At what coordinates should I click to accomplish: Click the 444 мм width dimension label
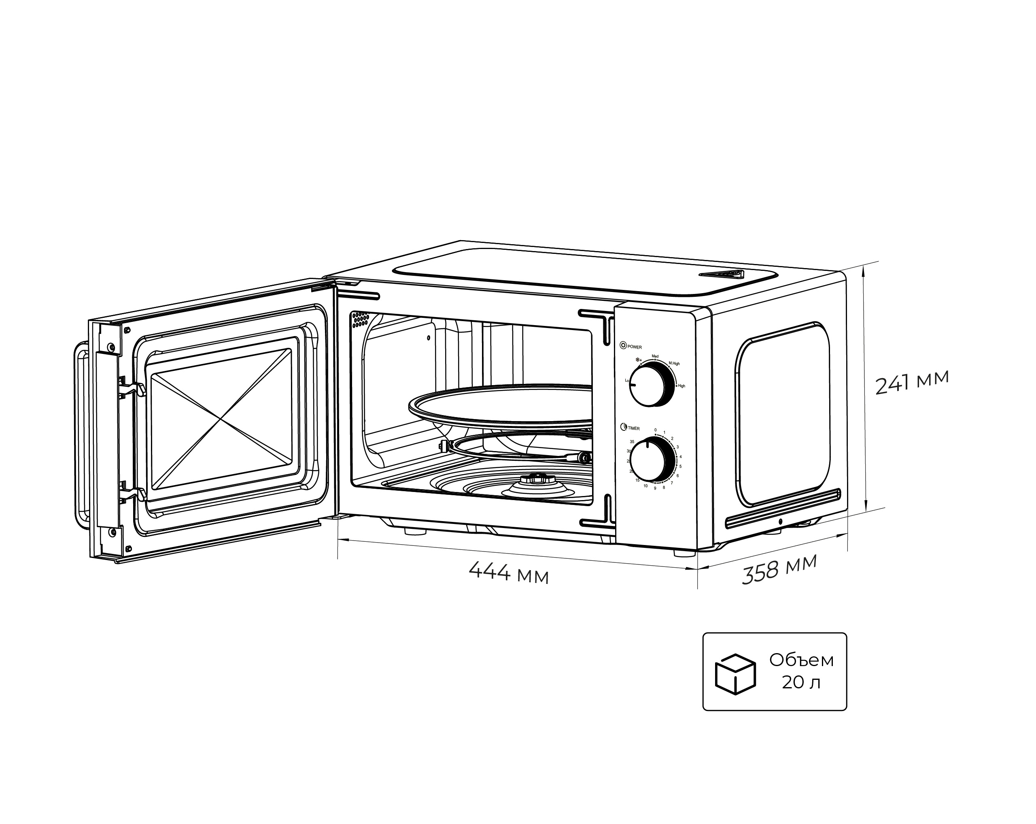tap(508, 573)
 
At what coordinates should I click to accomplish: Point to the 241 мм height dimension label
tap(911, 383)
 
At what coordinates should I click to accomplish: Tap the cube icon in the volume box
tap(735, 674)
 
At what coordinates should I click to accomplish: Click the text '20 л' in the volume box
tap(801, 683)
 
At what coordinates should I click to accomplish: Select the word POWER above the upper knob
tap(634, 347)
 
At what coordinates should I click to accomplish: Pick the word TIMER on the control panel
tap(633, 428)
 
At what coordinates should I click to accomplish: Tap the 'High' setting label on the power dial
tap(681, 386)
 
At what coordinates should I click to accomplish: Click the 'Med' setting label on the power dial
tap(655, 356)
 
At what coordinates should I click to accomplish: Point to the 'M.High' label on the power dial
tap(674, 364)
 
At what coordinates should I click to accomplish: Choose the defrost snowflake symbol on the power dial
tap(638, 360)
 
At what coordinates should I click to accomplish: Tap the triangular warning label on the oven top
tap(721, 275)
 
